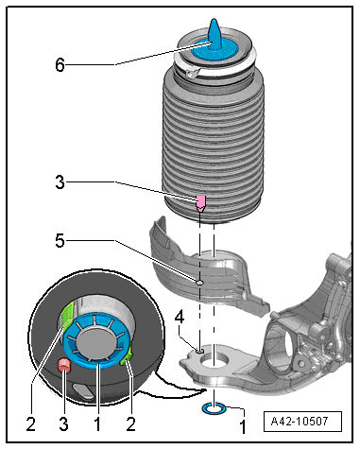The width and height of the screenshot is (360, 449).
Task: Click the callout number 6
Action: coord(60,65)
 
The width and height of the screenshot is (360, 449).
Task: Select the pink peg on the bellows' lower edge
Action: coord(201,203)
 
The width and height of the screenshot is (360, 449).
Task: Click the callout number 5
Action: coord(60,241)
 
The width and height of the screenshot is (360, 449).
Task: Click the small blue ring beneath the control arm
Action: coord(214,408)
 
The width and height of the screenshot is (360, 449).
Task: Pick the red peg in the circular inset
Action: coord(64,365)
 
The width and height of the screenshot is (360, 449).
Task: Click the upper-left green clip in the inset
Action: coord(68,314)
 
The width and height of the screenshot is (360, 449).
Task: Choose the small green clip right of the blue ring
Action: coord(127,357)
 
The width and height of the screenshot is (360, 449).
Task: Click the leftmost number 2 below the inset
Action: coord(31,423)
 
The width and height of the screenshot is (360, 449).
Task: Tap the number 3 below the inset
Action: coord(64,423)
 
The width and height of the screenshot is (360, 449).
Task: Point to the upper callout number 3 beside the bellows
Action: coord(60,182)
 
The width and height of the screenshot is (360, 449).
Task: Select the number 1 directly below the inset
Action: coord(97,423)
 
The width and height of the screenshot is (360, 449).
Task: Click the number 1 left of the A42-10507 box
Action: coord(243,426)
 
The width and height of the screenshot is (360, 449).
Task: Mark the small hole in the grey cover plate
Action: coord(199,283)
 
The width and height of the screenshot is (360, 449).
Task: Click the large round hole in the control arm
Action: coord(214,360)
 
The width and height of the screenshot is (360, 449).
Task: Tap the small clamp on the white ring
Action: coord(192,75)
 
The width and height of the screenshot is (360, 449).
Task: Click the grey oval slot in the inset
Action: coord(83,389)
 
